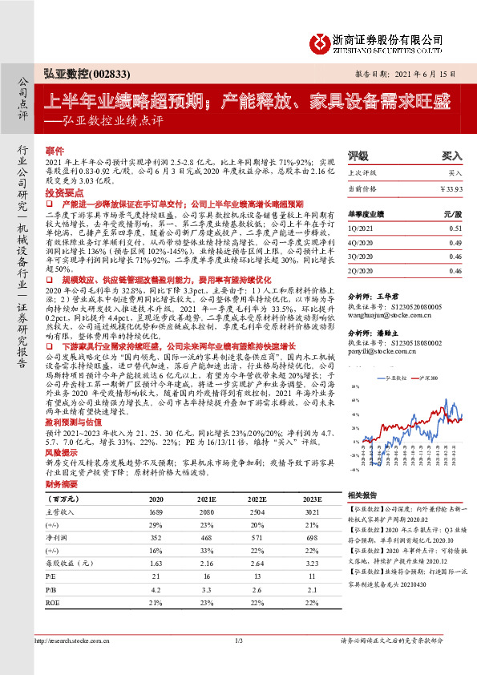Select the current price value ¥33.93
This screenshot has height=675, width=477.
[x=451, y=189]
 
